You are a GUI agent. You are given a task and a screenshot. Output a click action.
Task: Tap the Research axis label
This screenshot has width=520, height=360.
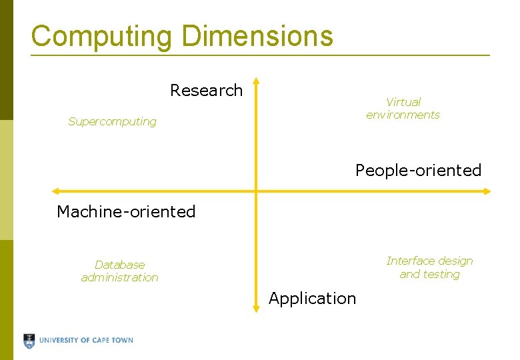click(206, 90)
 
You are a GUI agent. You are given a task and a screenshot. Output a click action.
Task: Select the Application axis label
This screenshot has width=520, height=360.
click(312, 298)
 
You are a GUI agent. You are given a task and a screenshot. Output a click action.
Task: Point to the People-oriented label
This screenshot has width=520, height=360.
click(418, 171)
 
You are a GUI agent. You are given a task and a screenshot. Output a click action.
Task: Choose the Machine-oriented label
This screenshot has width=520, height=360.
click(126, 212)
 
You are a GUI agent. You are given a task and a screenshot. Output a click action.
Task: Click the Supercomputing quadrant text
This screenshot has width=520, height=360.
click(112, 121)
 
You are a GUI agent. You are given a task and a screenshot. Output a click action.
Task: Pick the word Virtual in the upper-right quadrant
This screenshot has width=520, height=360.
click(403, 102)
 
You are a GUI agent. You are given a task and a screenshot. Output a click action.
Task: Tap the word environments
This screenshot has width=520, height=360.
click(403, 115)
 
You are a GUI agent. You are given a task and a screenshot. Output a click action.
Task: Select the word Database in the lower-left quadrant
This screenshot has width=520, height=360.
click(119, 265)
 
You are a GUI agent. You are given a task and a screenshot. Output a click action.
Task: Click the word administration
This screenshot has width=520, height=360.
click(119, 277)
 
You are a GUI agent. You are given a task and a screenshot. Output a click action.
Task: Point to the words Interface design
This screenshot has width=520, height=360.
click(429, 261)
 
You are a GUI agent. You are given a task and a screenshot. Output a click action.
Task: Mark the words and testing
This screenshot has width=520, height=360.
click(429, 274)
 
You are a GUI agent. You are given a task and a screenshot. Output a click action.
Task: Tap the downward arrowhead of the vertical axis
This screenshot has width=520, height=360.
click(256, 308)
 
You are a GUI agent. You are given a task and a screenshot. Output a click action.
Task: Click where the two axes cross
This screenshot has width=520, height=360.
click(256, 191)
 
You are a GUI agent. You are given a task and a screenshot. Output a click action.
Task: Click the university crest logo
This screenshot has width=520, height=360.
click(29, 341)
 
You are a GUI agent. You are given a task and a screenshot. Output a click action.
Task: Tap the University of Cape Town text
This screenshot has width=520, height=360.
click(86, 340)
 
